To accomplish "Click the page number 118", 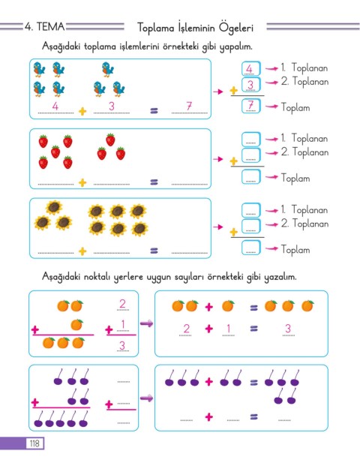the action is [x=34, y=443].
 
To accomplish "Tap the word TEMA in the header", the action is [x=50, y=27].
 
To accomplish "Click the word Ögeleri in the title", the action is [x=236, y=28].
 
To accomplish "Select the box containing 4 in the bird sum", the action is [x=250, y=68].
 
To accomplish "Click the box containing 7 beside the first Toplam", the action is [x=250, y=106].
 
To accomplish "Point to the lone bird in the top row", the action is [x=107, y=69].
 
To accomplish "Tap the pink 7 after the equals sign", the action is [x=189, y=106].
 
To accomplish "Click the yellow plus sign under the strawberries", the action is [x=82, y=182].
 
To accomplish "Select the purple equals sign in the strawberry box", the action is [x=154, y=182].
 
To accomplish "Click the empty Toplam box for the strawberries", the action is [x=250, y=176].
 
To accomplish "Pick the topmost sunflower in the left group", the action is [x=54, y=207].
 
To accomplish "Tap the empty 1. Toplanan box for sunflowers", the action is [x=250, y=210].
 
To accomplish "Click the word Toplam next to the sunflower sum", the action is [x=295, y=249].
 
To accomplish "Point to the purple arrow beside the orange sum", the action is [x=146, y=323].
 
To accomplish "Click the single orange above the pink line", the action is [x=76, y=324].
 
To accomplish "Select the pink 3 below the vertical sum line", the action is [x=122, y=345].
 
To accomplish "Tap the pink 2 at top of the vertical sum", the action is [x=122, y=304].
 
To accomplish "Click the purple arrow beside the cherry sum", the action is [x=146, y=398].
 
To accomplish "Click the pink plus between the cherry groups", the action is [x=209, y=381].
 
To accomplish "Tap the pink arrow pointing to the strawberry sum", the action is [x=218, y=159].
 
